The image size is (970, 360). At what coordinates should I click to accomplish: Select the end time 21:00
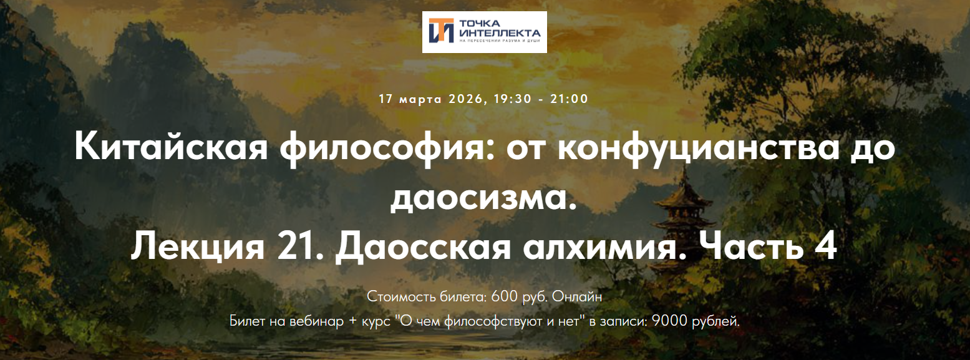569,99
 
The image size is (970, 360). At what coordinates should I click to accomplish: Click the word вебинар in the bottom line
312,321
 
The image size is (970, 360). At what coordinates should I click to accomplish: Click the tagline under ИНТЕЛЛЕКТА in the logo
500,41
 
